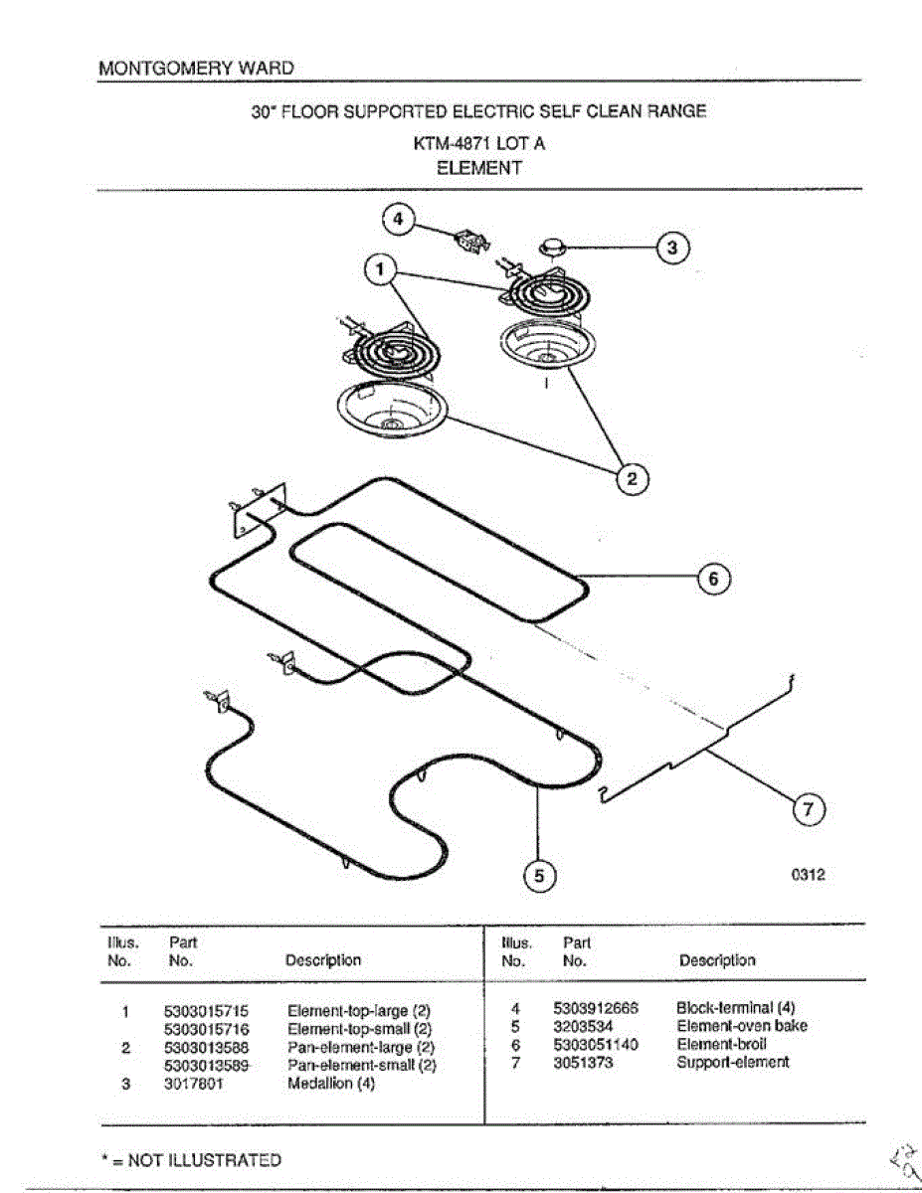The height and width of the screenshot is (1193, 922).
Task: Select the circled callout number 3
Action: click(x=674, y=249)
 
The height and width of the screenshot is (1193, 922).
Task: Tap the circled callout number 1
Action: click(x=378, y=269)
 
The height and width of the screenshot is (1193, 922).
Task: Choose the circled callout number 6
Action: click(x=713, y=578)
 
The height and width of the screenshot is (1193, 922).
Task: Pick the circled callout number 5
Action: click(x=539, y=875)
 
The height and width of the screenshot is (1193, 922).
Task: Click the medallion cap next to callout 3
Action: click(x=554, y=246)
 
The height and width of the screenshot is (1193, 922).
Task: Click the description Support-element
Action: click(x=733, y=1062)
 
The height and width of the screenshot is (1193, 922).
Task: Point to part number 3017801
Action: click(x=193, y=1084)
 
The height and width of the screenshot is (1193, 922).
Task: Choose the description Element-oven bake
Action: click(x=742, y=1026)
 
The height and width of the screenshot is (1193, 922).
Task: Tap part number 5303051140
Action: click(x=596, y=1044)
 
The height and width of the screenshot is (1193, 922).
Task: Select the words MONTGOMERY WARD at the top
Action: click(x=196, y=69)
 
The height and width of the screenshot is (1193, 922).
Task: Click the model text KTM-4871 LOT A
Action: click(x=478, y=143)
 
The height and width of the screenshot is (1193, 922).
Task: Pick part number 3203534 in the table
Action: click(x=584, y=1026)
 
